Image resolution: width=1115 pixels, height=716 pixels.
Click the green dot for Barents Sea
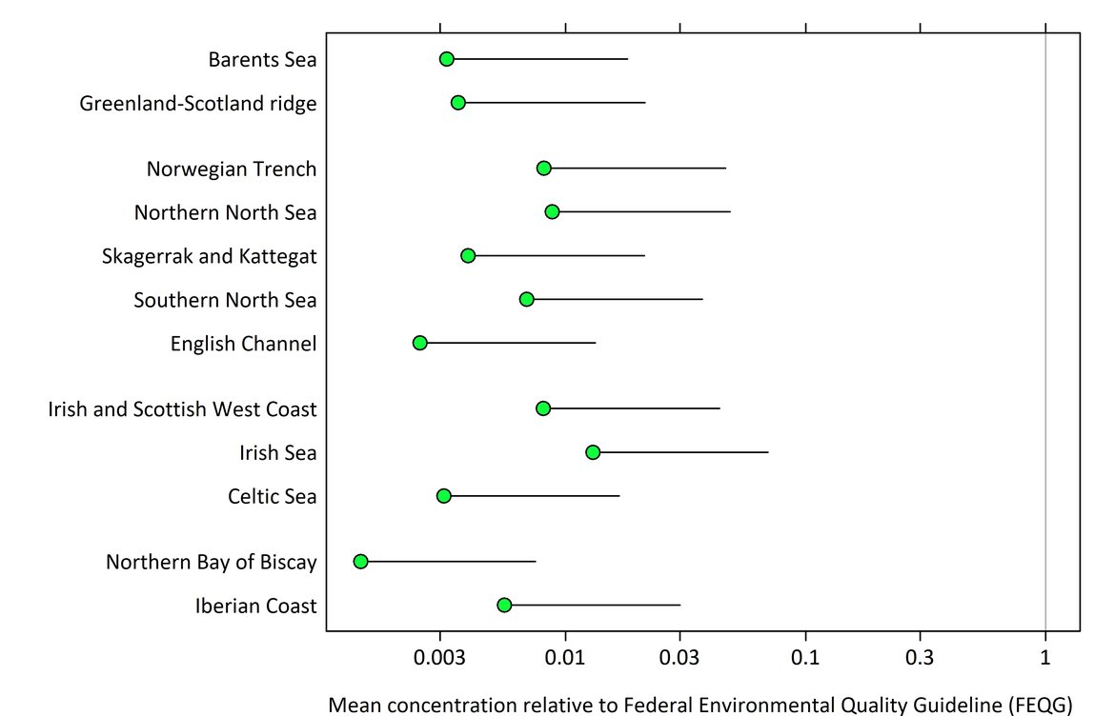[x=446, y=59]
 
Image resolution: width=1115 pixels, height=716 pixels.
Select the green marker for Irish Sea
[x=593, y=452]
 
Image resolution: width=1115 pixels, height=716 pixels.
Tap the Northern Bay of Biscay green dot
[x=360, y=562]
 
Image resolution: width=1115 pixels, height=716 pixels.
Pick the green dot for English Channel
[x=420, y=343]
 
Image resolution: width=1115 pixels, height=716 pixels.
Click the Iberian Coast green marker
[x=504, y=606]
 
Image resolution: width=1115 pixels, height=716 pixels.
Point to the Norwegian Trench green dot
[x=544, y=169]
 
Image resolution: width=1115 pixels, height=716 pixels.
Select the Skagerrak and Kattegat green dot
[x=468, y=256]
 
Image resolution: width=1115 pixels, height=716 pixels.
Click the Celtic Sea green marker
[x=444, y=496]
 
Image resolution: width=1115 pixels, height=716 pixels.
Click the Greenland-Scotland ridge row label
[x=198, y=104]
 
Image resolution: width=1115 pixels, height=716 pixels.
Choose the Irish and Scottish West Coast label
[x=182, y=410]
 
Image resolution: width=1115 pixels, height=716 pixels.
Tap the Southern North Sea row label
[x=225, y=301]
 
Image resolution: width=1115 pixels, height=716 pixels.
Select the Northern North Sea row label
[x=225, y=212]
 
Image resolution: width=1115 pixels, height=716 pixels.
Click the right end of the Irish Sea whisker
[x=768, y=452]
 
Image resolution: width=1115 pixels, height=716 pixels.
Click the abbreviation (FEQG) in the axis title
[x=1039, y=705]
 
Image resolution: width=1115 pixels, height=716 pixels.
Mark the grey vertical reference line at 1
[x=1045, y=286]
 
